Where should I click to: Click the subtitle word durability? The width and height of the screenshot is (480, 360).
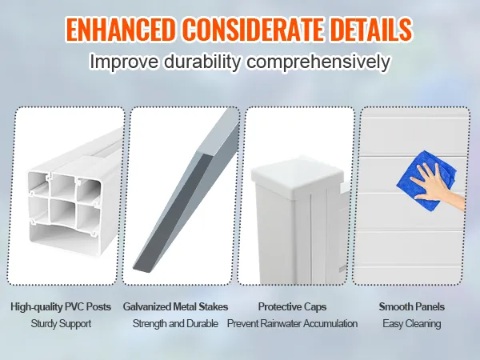[x=198, y=62]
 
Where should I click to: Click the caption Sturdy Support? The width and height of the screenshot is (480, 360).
[x=62, y=324]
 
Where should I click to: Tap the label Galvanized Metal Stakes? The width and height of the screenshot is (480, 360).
[x=175, y=306]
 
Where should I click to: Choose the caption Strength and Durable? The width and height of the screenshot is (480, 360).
[x=175, y=324]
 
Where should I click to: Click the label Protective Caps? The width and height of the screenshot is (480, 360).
[x=292, y=306]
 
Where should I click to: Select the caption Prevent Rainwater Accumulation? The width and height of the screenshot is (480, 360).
[x=292, y=324]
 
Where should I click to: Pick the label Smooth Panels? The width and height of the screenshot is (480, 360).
[x=411, y=306]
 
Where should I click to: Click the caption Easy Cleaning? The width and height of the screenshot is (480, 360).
[x=411, y=324]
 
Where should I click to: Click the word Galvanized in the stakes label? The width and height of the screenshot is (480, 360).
[x=148, y=306]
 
